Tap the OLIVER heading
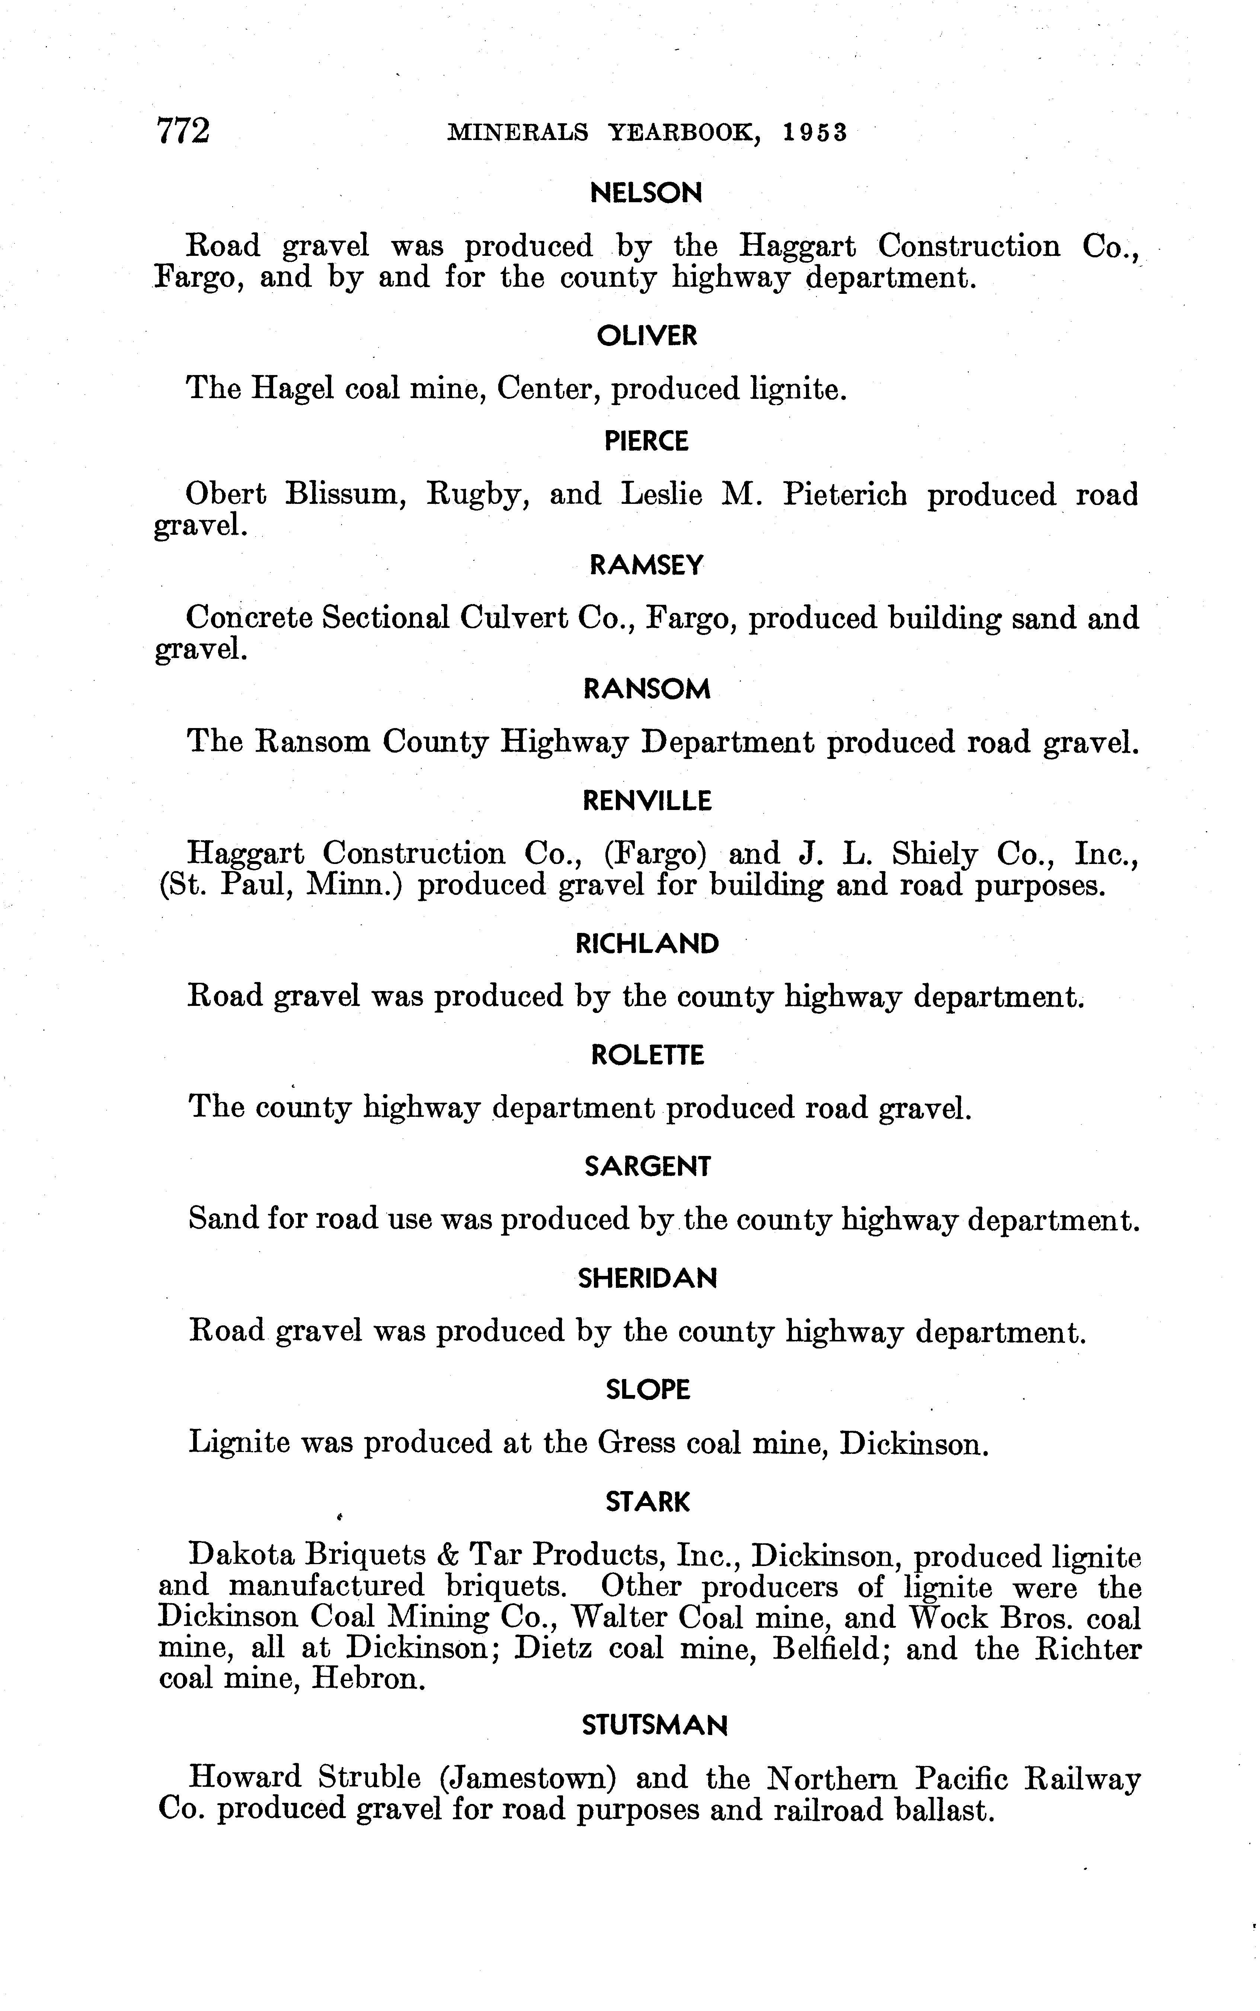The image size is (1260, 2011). (647, 336)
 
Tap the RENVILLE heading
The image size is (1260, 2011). (647, 801)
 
